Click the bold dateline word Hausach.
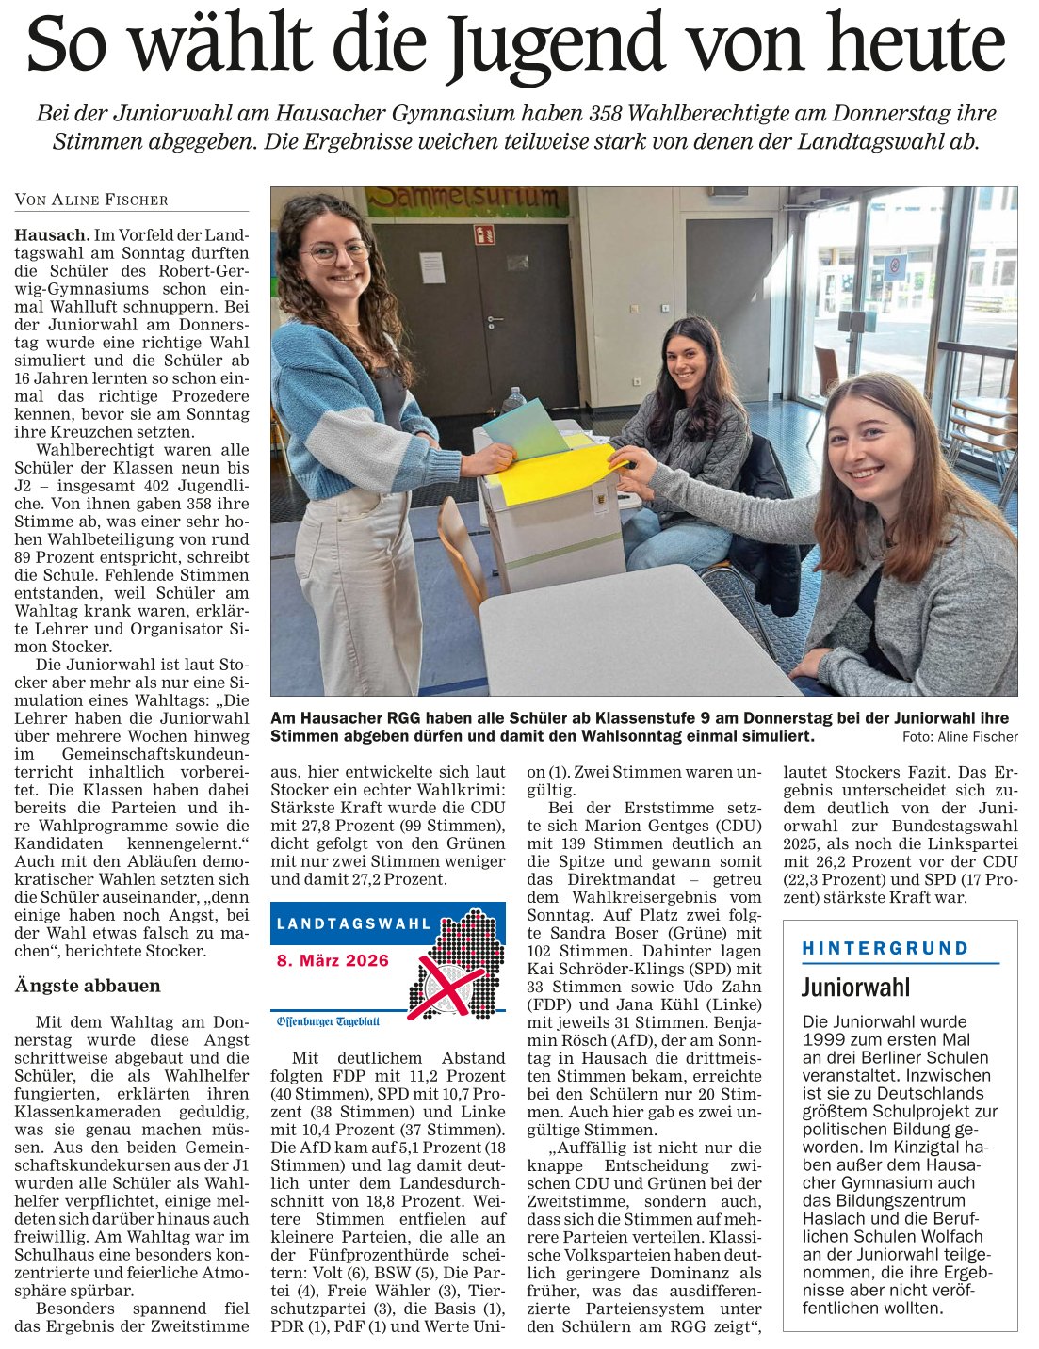[x=52, y=234]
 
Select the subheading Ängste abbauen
[x=88, y=986]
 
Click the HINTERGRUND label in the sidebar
[x=885, y=948]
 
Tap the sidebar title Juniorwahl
[x=855, y=987]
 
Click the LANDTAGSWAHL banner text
[x=353, y=923]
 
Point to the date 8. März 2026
[x=333, y=960]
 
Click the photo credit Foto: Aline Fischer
[x=959, y=736]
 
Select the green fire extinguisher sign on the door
[x=484, y=233]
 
